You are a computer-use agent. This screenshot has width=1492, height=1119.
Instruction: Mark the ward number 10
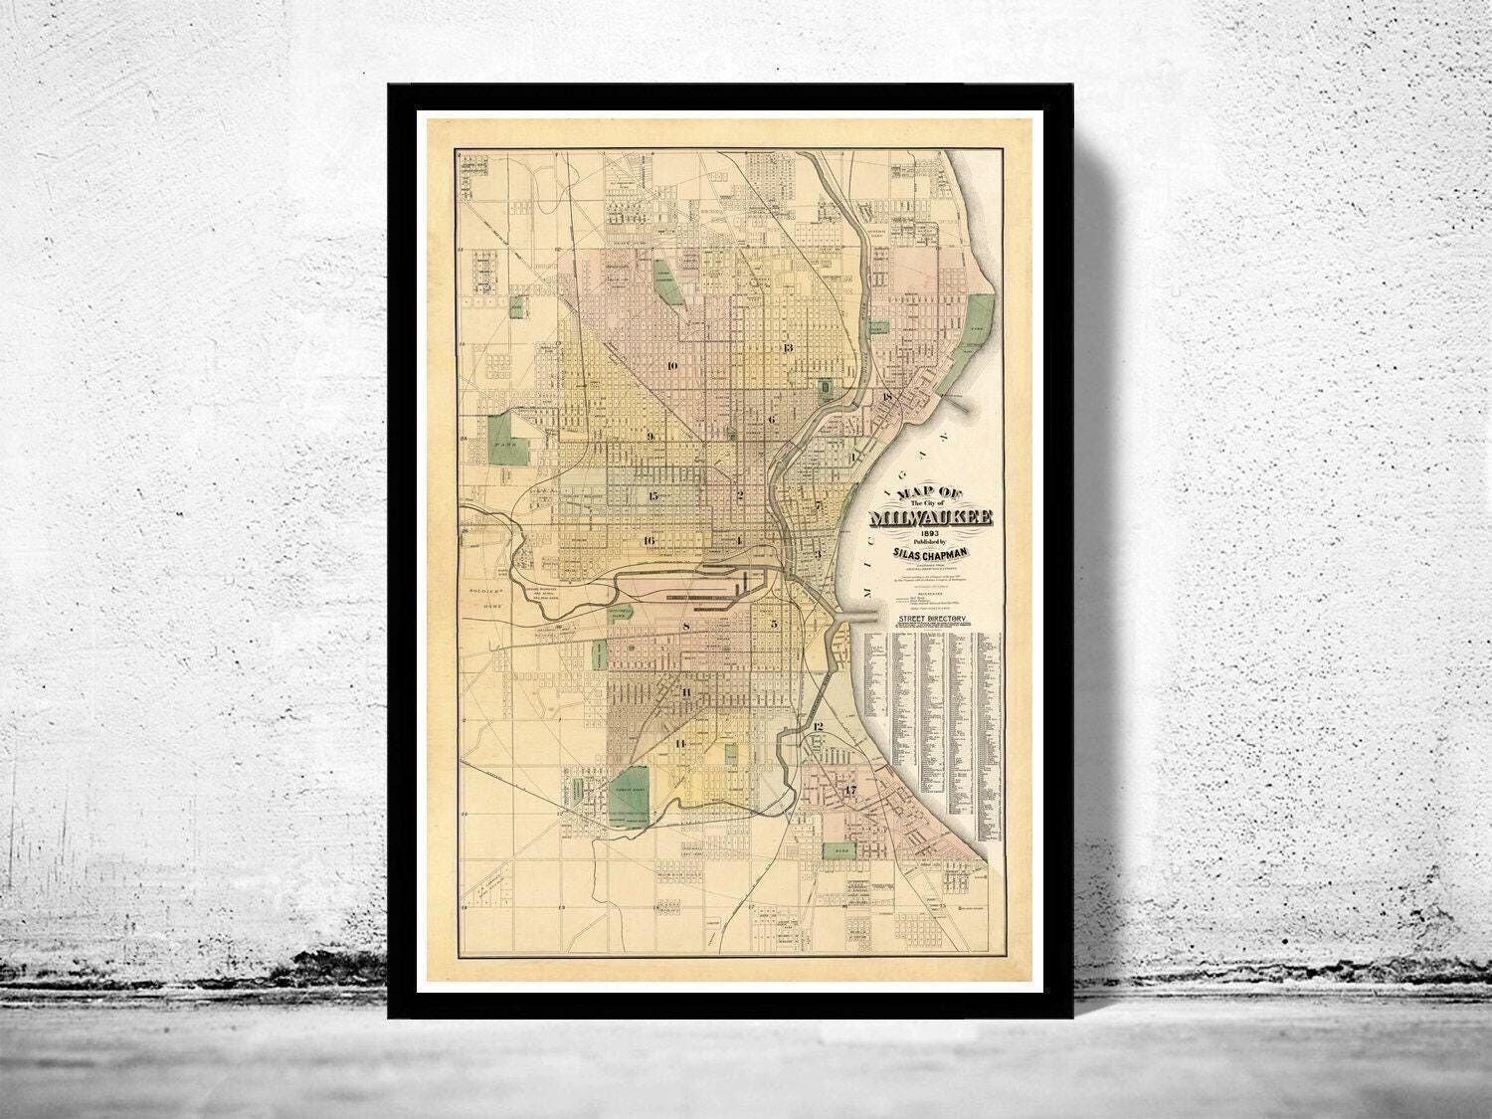(672, 366)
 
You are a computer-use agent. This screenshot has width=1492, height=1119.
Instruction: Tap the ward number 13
(787, 348)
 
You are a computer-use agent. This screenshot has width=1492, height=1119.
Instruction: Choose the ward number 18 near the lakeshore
(886, 399)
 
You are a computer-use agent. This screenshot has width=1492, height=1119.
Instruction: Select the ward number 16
(649, 541)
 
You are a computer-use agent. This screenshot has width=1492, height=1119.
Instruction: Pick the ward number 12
(818, 727)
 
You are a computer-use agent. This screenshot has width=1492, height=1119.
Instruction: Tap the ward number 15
(653, 496)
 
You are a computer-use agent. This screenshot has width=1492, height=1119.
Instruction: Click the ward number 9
(651, 436)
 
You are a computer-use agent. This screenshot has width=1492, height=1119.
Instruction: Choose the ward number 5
(773, 625)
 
